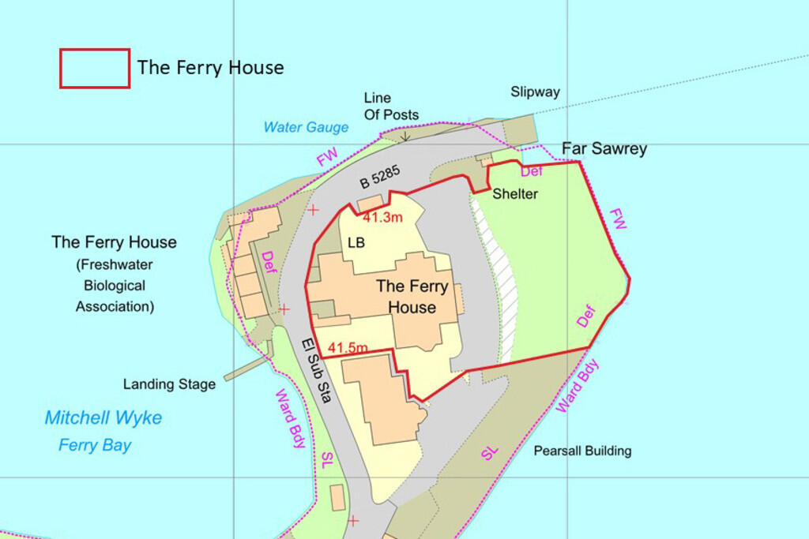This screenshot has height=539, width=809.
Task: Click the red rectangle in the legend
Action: pos(95,68)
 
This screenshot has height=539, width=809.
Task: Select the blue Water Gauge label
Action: pos(306,127)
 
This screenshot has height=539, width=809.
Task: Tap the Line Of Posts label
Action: pos(391,107)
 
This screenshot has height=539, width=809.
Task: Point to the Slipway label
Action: pos(535,92)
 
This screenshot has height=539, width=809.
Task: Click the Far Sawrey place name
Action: pos(604,148)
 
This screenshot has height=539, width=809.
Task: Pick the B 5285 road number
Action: pos(381,177)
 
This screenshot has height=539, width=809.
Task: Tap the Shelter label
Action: pos(515,194)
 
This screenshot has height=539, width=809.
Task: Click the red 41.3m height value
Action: pos(383,217)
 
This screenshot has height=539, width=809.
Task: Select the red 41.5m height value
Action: pos(348,347)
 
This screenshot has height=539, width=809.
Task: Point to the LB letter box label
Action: pos(356,243)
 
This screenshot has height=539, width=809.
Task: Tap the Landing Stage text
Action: pos(169,384)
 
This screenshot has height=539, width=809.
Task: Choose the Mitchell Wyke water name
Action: pos(103,417)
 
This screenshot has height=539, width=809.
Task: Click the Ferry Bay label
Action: pos(95,445)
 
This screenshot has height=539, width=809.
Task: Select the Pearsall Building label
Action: pos(582,451)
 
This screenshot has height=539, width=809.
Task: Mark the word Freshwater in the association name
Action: pos(115,264)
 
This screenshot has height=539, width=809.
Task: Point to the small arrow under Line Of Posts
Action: pos(404,137)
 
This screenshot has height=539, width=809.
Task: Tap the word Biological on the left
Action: pos(115,285)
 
